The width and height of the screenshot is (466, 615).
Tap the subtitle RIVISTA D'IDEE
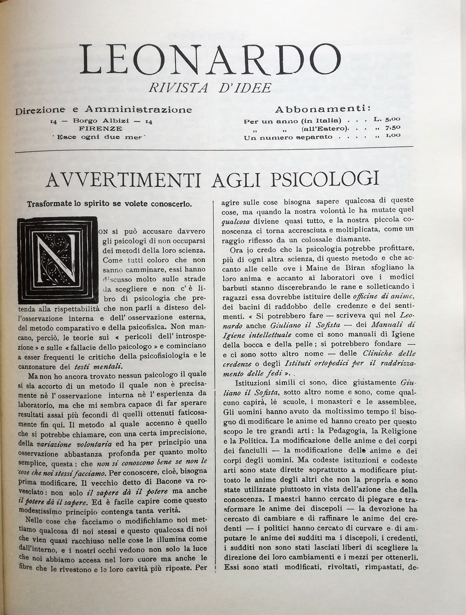[210, 88]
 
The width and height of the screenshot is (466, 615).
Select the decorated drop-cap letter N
[58, 260]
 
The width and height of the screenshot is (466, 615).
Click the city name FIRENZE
[100, 129]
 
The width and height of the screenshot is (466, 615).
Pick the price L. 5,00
[387, 119]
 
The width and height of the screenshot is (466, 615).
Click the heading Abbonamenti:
[322, 109]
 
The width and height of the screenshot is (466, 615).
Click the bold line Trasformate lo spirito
[109, 204]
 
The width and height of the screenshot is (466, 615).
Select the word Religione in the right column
[399, 431]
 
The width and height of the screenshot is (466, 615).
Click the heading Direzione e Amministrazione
[103, 110]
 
